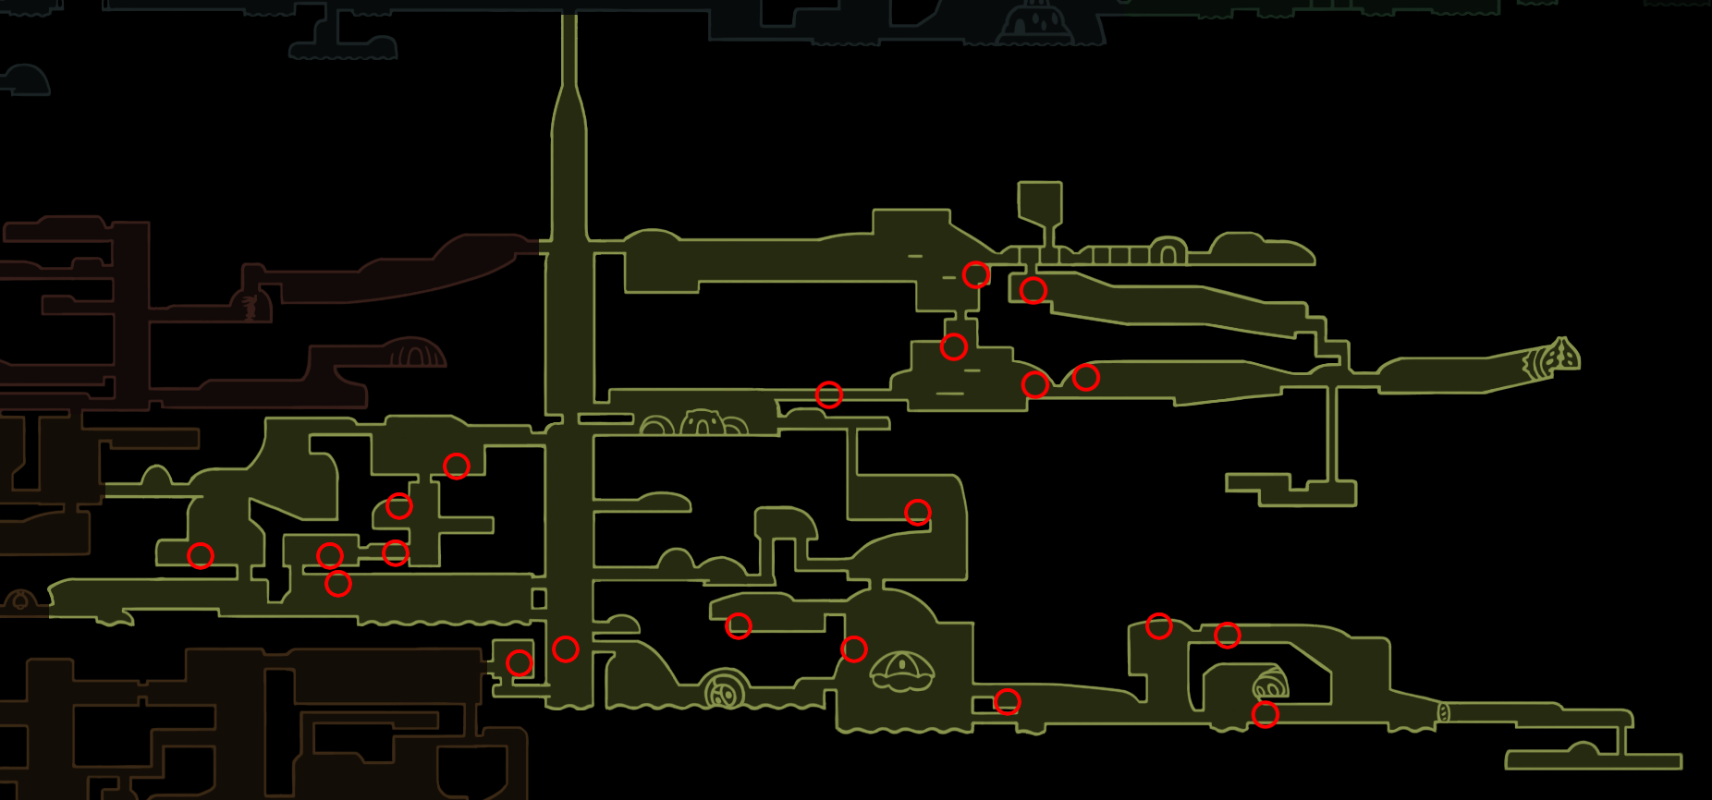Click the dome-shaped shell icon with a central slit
coord(901,671)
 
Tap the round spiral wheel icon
coord(725,691)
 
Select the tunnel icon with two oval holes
coord(1270,685)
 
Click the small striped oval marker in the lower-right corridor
coord(1443,712)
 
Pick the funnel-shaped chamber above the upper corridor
coord(1040,203)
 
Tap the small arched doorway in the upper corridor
coord(1168,251)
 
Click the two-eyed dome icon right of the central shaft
coord(703,423)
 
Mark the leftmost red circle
coord(201,555)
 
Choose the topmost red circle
coord(976,274)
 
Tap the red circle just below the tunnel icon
coord(1265,714)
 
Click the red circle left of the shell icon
coord(853,649)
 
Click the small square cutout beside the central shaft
coord(539,599)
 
